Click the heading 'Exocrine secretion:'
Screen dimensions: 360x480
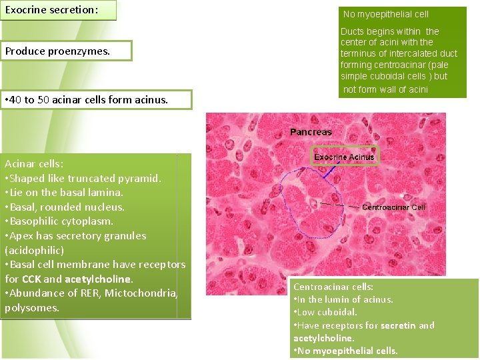tap(52, 10)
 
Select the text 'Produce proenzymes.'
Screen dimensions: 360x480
tap(57, 51)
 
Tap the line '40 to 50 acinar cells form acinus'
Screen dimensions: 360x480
tap(87, 100)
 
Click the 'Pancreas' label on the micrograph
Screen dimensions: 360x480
tap(311, 132)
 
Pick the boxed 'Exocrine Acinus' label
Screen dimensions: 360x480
tap(345, 157)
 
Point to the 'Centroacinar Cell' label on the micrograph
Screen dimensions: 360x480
tap(393, 207)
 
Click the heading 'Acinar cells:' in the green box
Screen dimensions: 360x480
tap(34, 163)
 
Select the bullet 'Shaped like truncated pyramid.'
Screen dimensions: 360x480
tap(83, 178)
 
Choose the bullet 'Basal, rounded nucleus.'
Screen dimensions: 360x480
tap(65, 207)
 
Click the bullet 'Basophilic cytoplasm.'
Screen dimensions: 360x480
tap(59, 221)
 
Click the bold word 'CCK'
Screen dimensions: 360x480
tap(32, 279)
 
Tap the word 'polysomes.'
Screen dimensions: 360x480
tap(32, 308)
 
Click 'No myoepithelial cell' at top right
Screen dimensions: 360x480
tap(386, 14)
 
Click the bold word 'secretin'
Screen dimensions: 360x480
tap(399, 325)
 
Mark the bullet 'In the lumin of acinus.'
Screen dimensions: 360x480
tap(343, 299)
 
